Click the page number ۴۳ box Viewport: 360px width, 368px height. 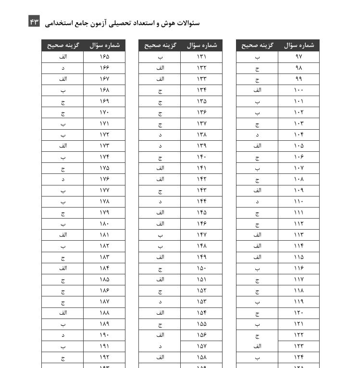[34, 21]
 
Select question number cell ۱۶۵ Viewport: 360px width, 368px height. [104, 57]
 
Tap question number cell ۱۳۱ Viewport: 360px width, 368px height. [201, 57]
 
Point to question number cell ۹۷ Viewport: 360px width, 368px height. [298, 57]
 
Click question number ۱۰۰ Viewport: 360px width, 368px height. [298, 90]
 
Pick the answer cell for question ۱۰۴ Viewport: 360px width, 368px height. [257, 135]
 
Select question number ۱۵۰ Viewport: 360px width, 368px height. [201, 268]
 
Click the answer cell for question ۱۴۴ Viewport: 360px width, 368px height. [160, 201]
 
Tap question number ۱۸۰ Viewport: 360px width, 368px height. [104, 223]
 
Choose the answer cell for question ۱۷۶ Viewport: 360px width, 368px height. [62, 179]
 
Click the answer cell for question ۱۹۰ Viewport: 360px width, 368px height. [62, 335]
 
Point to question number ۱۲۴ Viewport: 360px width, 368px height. [298, 357]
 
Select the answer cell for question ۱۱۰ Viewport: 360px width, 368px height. [257, 201]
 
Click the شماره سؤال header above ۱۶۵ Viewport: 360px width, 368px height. [104, 46]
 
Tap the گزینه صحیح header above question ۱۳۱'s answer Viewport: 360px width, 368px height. [160, 46]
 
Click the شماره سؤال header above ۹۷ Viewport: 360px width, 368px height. [298, 46]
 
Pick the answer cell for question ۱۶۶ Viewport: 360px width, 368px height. [62, 68]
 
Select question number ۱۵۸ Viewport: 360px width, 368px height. [201, 357]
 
